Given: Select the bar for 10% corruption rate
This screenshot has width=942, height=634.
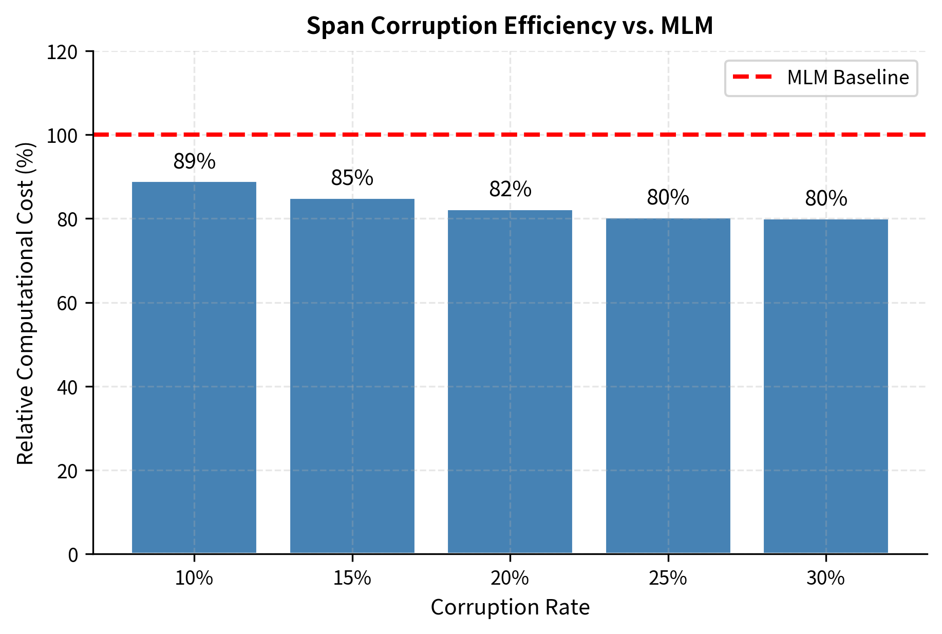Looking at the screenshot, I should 194,367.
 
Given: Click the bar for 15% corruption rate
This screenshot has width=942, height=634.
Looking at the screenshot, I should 352,376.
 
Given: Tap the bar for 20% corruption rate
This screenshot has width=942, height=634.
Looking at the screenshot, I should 510,381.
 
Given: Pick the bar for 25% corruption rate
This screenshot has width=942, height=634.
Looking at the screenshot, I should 668,385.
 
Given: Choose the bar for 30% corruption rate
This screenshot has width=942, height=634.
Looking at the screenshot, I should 826,386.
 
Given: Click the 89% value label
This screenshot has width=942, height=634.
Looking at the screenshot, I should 194,162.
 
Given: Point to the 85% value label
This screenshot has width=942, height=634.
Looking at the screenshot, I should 352,178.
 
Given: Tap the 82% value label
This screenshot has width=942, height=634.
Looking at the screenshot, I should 510,190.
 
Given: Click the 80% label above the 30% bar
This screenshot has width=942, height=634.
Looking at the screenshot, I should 826,199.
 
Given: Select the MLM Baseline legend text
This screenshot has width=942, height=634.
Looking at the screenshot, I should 848,78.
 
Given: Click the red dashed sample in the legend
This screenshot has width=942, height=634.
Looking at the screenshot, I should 752,78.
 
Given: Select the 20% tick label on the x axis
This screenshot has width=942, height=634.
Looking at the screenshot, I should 510,579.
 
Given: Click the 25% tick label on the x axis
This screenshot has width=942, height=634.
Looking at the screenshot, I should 668,579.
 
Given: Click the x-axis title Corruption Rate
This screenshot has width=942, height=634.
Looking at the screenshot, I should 510,608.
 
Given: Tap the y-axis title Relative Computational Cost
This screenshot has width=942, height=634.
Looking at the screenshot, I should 26,303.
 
